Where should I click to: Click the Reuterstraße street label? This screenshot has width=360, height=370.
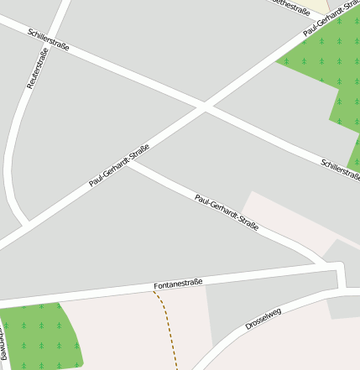(x=38, y=68)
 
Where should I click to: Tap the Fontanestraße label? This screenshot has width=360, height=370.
(x=177, y=286)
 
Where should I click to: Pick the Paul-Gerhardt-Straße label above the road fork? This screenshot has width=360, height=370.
(x=118, y=165)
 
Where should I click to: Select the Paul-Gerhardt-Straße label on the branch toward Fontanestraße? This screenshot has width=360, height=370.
(x=226, y=212)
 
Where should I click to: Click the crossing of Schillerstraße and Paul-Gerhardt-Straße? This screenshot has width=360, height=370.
(x=204, y=107)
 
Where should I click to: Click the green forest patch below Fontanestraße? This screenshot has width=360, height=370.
(x=38, y=336)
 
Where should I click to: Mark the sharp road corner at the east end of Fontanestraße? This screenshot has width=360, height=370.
(x=341, y=267)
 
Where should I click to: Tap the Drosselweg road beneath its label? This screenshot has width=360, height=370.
(x=252, y=331)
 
